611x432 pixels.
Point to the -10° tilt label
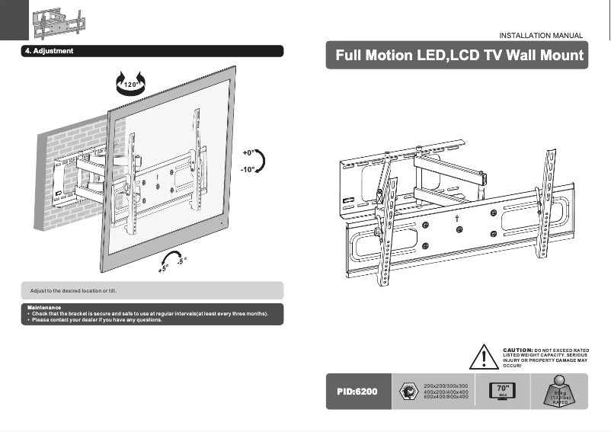tap(248, 170)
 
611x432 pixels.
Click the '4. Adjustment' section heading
tap(48, 51)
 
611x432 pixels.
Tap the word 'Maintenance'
tap(43, 308)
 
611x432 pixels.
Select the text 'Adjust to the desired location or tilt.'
tap(72, 291)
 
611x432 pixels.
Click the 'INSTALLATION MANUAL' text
tap(540, 36)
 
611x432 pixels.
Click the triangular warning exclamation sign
tap(483, 357)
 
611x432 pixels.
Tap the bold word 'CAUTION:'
tap(517, 350)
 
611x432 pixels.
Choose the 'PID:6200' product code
tap(357, 392)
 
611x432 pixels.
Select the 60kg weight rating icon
tap(560, 392)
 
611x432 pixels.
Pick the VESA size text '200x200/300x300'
tap(445, 386)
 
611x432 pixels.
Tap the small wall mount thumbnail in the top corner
tap(59, 21)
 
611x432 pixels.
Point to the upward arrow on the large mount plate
tap(455, 218)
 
